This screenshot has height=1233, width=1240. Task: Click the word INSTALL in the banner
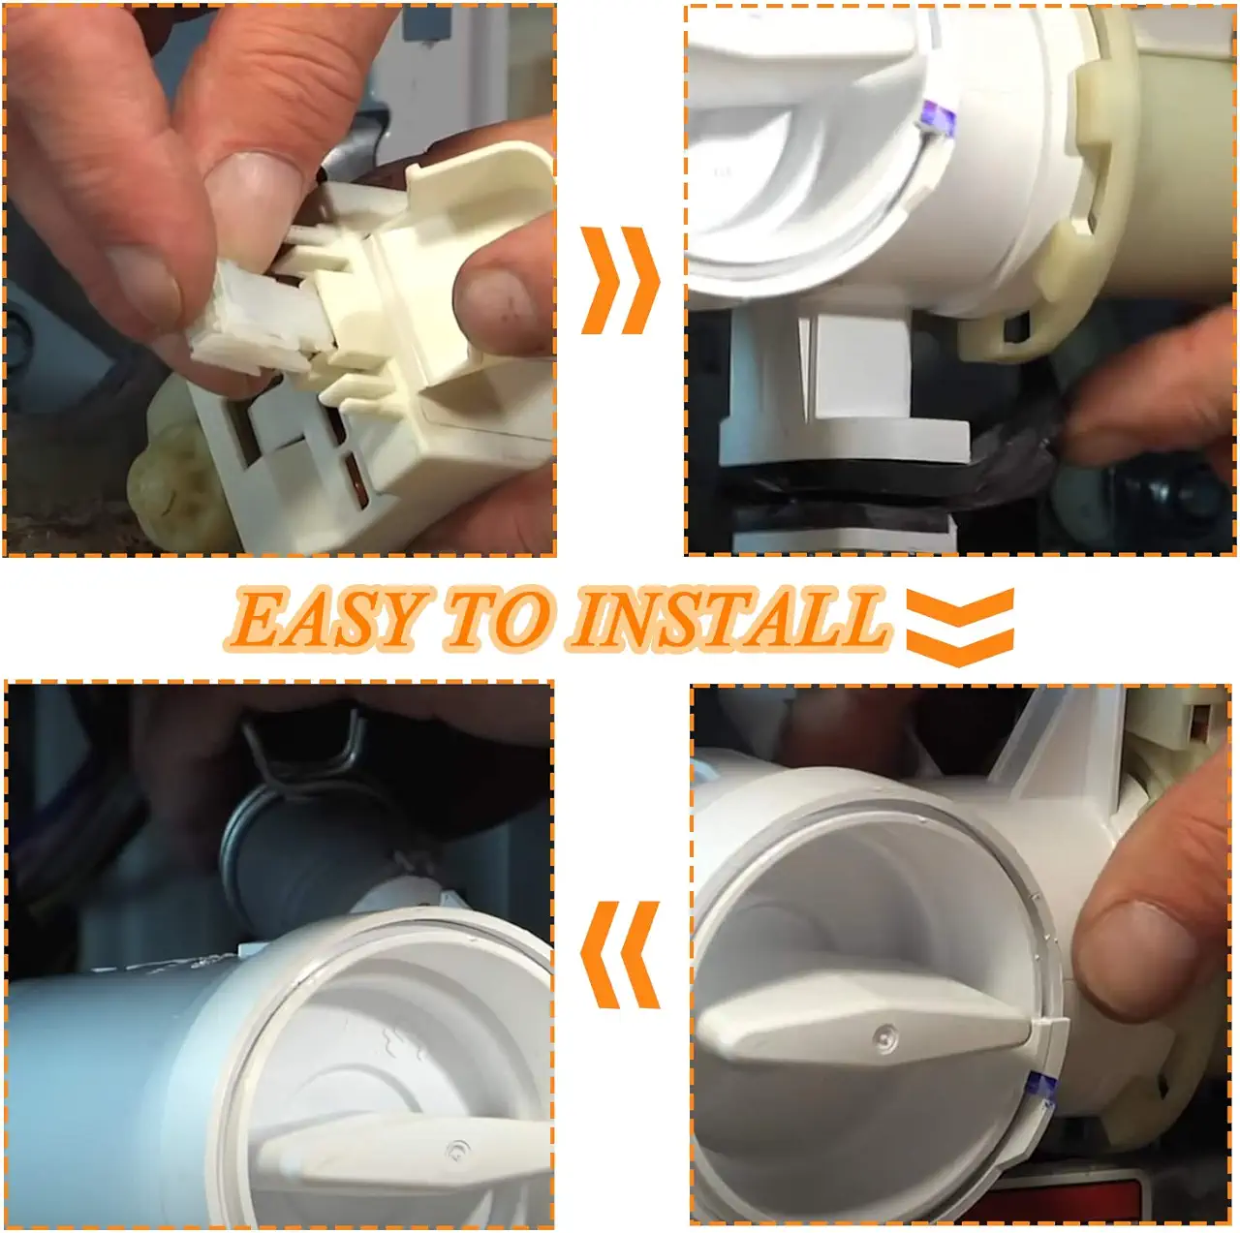[728, 619]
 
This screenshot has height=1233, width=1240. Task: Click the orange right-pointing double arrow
[620, 280]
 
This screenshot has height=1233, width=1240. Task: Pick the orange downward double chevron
[960, 627]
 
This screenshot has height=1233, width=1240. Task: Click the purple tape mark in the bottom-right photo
[1041, 1092]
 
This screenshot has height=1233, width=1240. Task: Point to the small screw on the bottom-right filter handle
[886, 1036]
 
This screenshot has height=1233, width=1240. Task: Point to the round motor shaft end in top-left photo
[173, 486]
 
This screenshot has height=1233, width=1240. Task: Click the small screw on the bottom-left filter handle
[457, 1148]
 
